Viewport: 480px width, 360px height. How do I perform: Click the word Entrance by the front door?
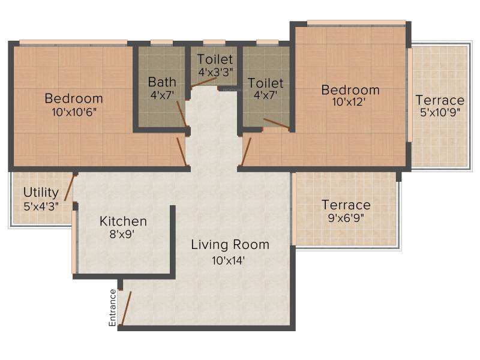tap(112, 308)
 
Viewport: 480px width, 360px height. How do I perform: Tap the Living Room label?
tap(230, 245)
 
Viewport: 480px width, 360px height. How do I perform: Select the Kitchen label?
tap(123, 221)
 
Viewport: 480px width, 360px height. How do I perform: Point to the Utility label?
tap(41, 192)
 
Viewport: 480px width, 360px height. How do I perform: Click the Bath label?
tap(162, 82)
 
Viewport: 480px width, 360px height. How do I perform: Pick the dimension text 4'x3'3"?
tap(215, 72)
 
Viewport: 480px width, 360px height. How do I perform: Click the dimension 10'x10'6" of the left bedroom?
tap(74, 112)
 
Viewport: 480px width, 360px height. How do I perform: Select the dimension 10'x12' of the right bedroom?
tap(349, 102)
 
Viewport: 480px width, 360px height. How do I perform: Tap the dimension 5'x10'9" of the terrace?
tap(440, 112)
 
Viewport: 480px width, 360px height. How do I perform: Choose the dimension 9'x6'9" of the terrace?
tap(346, 218)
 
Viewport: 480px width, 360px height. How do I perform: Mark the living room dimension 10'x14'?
tap(229, 260)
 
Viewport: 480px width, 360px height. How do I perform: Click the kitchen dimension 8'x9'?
tap(122, 234)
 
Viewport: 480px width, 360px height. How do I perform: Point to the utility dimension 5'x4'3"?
tap(41, 206)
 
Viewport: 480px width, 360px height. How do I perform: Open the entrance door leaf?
tap(126, 308)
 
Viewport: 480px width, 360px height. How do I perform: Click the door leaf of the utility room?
tap(70, 187)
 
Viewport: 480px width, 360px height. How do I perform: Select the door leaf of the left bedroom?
tap(182, 152)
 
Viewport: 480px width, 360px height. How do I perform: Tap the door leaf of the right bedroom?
tap(246, 152)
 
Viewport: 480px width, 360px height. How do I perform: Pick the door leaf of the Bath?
tap(182, 113)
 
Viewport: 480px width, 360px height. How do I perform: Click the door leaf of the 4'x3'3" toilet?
tap(204, 83)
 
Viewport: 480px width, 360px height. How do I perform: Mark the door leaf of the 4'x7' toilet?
tap(277, 124)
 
